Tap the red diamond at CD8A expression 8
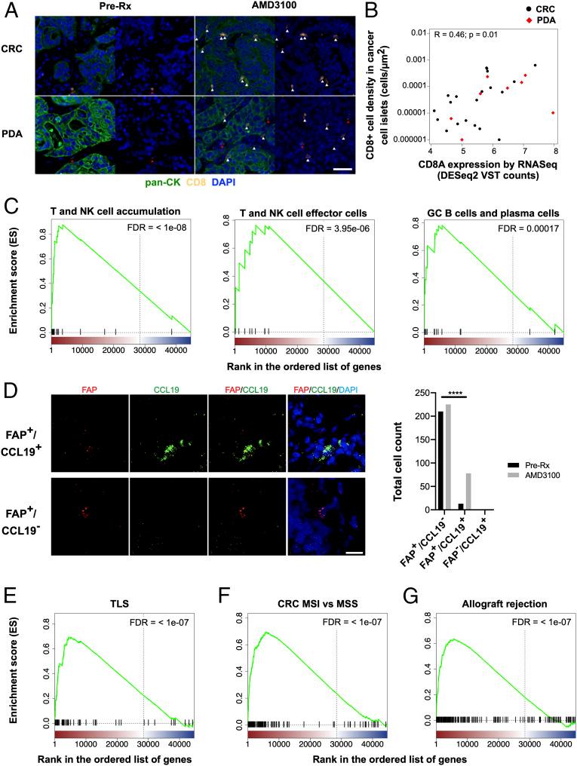554,112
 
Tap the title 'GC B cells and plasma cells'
489,212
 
